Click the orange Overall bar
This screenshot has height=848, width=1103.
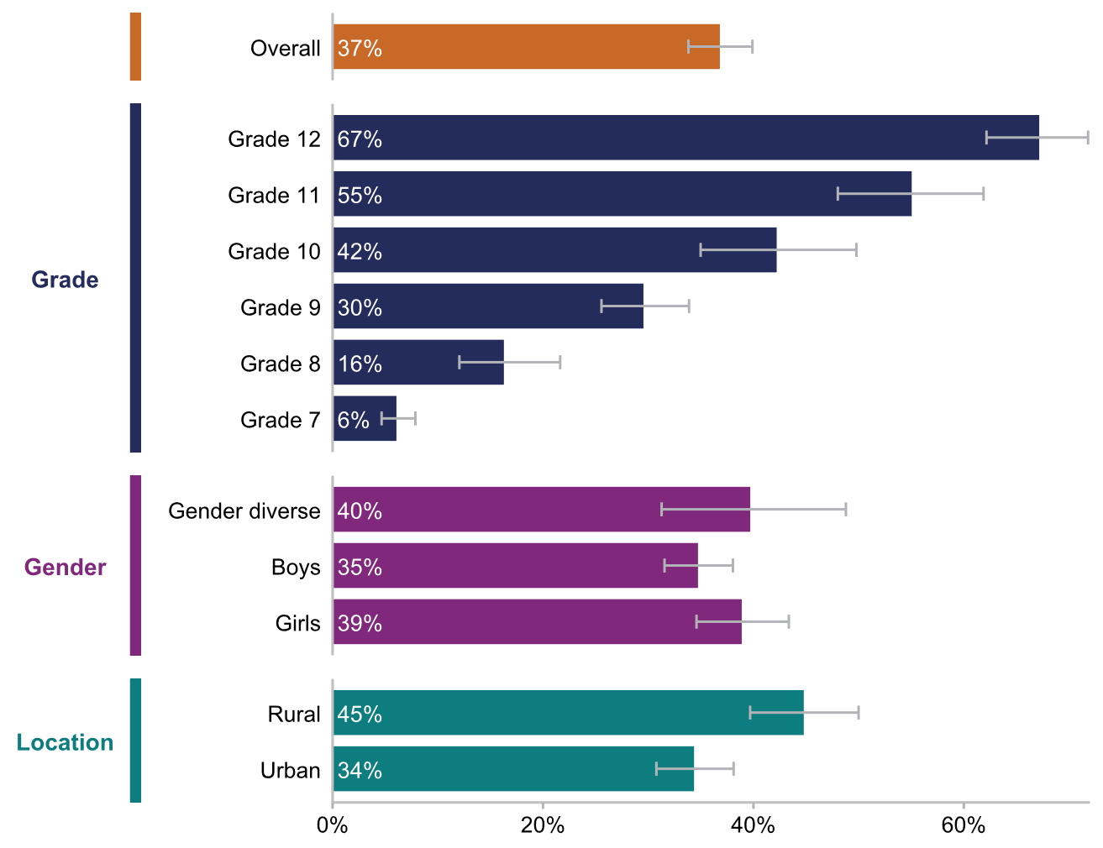pyautogui.click(x=526, y=47)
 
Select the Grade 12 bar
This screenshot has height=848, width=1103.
pyautogui.click(x=685, y=138)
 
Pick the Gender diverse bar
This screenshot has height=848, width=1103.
pyautogui.click(x=541, y=510)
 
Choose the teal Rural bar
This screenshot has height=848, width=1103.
pyautogui.click(x=568, y=713)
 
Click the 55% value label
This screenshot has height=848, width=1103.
pyautogui.click(x=360, y=196)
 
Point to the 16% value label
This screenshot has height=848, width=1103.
pyautogui.click(x=360, y=364)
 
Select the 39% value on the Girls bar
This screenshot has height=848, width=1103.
pyautogui.click(x=360, y=623)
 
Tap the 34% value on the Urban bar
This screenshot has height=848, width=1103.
pyautogui.click(x=360, y=770)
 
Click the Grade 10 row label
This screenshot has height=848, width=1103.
pyautogui.click(x=274, y=251)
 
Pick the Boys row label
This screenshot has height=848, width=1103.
pyautogui.click(x=296, y=567)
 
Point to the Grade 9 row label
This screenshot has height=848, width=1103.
pyautogui.click(x=280, y=307)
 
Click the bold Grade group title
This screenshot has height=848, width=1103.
pyautogui.click(x=65, y=280)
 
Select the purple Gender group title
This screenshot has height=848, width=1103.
pyautogui.click(x=65, y=567)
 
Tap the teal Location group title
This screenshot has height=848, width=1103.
pyautogui.click(x=65, y=742)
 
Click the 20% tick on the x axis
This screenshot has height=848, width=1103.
pyautogui.click(x=543, y=825)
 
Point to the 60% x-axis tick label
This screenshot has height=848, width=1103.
pyautogui.click(x=963, y=825)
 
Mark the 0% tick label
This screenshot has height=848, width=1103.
pyautogui.click(x=333, y=825)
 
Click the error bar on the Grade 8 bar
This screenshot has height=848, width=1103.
pyautogui.click(x=509, y=363)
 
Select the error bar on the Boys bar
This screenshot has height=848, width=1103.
pyautogui.click(x=698, y=565)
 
